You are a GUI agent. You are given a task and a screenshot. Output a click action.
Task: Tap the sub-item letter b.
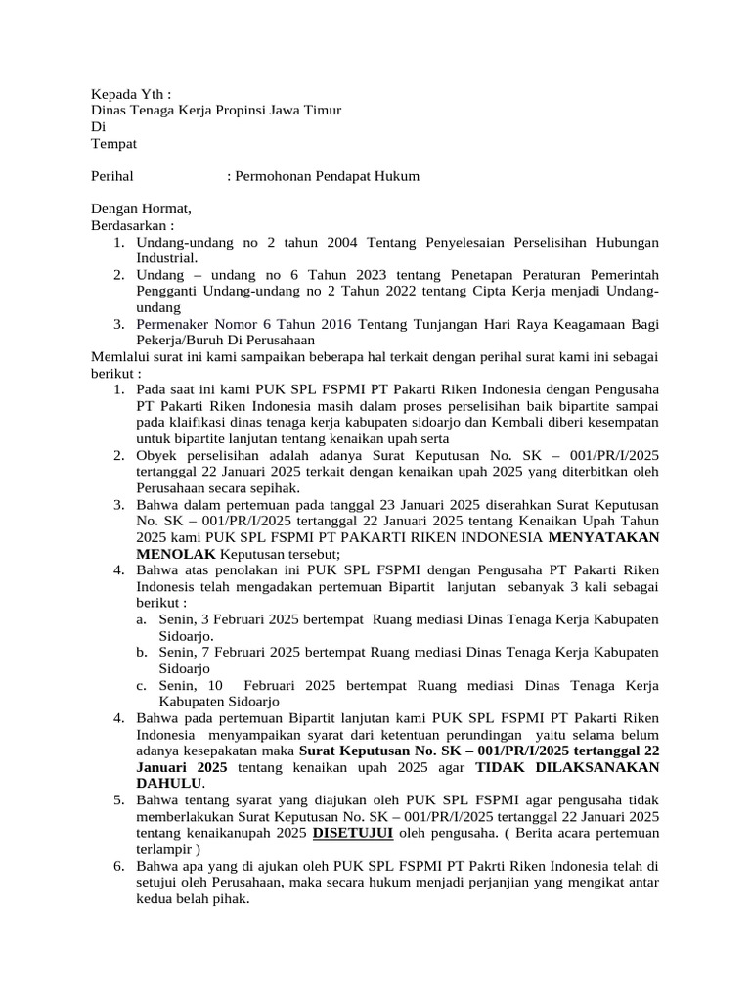(142, 652)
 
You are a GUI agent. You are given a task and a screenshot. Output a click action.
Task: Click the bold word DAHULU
(170, 783)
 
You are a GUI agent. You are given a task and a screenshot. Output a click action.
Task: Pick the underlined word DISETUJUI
(352, 832)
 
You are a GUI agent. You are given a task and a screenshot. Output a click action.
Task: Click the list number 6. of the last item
(117, 865)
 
